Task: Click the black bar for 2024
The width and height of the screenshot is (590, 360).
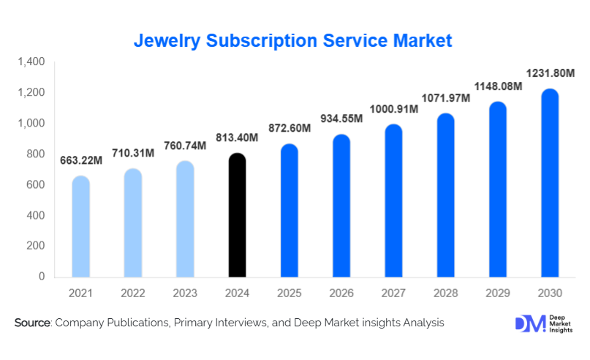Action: click(238, 215)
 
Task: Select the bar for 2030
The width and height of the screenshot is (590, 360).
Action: click(550, 183)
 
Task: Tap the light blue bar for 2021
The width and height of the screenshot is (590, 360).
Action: click(80, 227)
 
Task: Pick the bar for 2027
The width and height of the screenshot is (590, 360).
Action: click(394, 200)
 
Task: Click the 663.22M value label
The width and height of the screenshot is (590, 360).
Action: click(80, 161)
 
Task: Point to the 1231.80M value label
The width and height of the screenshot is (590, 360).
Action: click(550, 73)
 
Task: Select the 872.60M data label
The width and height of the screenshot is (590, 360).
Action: click(290, 128)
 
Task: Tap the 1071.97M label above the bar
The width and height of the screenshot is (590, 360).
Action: click(446, 97)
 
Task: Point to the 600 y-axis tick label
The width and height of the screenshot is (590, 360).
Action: click(35, 185)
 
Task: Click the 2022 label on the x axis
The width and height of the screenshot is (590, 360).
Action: click(133, 293)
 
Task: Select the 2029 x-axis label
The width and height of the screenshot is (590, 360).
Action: click(498, 293)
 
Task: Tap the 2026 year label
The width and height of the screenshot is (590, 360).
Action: click(341, 293)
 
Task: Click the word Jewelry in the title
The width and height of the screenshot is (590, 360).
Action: click(165, 40)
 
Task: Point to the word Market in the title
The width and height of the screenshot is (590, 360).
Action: click(423, 40)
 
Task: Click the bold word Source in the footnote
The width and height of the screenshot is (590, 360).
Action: click(32, 323)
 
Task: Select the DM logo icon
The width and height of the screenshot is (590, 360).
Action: click(528, 324)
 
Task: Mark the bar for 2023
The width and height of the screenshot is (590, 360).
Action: click(186, 219)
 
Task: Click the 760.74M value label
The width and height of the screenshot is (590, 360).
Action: click(185, 145)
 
